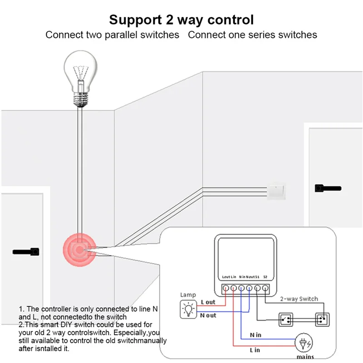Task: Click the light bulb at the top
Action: point(80,78)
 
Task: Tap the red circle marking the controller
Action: point(79,250)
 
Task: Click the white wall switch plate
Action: point(276,191)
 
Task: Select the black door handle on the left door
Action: point(26,252)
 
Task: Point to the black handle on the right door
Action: point(328,188)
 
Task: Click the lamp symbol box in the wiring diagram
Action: point(188,309)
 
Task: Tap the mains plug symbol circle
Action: point(304,343)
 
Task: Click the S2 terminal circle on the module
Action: point(265,288)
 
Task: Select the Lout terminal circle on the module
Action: point(226,288)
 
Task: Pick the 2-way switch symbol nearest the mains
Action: point(322,320)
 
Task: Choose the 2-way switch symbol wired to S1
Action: point(286,320)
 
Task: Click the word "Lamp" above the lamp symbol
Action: point(188,294)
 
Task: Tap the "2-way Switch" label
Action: point(299,299)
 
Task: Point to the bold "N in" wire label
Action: point(255,335)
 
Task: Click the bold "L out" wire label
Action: point(208,302)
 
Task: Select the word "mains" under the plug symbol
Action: point(305,357)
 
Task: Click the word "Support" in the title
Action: point(135,20)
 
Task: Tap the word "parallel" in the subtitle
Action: point(121,35)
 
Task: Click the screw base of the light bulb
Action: point(80,99)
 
